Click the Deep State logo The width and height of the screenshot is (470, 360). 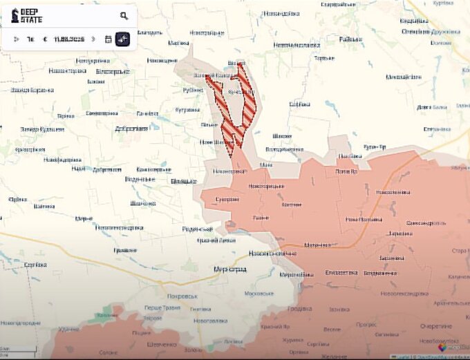coord(26,15)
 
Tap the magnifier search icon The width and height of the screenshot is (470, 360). coord(124,15)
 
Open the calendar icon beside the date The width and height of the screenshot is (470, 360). coord(108,39)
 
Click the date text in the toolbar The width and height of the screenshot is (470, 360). coord(68,39)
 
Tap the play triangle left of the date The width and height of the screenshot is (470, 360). coord(17,39)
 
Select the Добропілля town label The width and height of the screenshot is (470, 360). coord(131,128)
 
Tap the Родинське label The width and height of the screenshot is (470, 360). coord(196,229)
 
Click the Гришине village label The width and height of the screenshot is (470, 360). coord(125,250)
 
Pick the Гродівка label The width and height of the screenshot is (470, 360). coord(299,308)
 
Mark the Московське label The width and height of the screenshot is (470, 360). coord(259,294)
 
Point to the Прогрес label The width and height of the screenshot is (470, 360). coord(366,324)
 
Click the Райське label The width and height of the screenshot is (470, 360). coord(350,39)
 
